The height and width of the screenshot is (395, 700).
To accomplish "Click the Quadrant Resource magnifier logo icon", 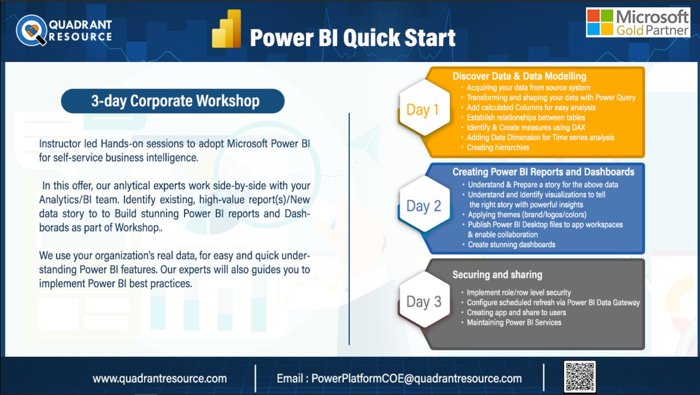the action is pos(31,31).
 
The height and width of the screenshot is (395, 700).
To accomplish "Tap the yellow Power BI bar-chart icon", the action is pos(227,29).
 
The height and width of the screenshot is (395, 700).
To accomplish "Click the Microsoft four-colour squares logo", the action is pos(600,22).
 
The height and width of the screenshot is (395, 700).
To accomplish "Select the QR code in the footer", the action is pos(580,376).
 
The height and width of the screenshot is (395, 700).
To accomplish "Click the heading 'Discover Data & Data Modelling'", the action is pos(519,76).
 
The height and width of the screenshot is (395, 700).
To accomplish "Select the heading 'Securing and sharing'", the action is pos(497,274).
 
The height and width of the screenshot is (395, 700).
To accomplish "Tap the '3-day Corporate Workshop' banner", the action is pos(173,101).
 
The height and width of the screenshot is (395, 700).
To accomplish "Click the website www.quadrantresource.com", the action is pos(160,378).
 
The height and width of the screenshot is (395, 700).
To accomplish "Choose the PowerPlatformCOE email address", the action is pos(417,378).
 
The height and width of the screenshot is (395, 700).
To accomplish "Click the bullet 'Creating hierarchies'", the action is pos(498,147).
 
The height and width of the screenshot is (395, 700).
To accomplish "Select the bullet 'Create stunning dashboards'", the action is pos(511,245).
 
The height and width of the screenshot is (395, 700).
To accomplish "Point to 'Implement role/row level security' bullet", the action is pos(519,292).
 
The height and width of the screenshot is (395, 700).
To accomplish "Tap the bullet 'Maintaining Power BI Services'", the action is pos(514,323).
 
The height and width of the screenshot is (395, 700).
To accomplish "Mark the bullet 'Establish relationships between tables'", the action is pos(526,117).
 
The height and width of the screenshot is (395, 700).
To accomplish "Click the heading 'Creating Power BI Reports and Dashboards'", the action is pos(544,172).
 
